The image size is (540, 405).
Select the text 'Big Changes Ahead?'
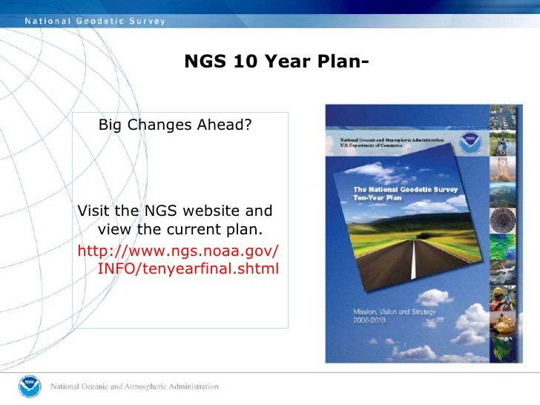click(175, 125)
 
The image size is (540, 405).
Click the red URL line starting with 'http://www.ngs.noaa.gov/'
click(178, 250)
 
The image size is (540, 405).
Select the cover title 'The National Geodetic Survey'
click(405, 189)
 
